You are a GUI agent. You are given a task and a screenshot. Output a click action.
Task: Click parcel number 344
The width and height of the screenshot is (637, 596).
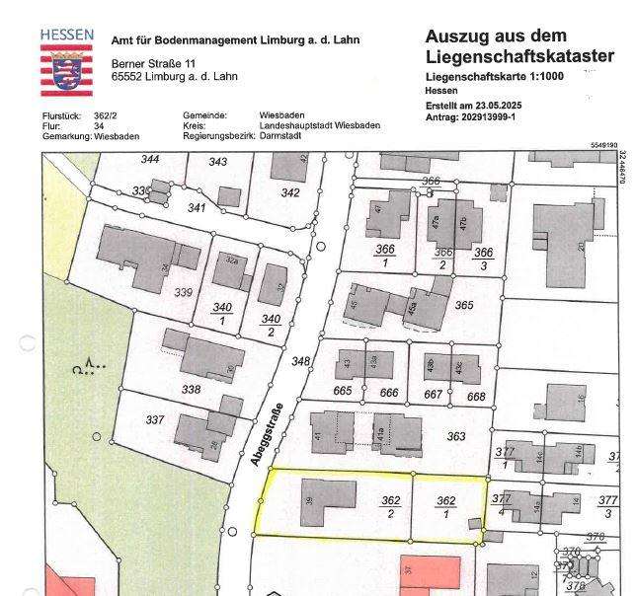click(x=150, y=160)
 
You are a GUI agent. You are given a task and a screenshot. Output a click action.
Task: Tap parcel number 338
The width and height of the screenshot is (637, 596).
click(x=191, y=389)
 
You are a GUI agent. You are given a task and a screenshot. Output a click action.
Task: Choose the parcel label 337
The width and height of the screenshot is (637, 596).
click(x=155, y=419)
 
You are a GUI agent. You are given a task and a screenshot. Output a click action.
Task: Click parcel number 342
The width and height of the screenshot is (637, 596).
click(x=289, y=192)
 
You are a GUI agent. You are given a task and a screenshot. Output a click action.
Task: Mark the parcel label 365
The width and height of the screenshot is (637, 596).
click(x=464, y=305)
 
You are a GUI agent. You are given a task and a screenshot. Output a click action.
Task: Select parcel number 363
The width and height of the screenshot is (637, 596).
click(x=455, y=435)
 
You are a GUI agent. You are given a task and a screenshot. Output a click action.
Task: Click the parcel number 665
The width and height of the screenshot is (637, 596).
click(x=344, y=393)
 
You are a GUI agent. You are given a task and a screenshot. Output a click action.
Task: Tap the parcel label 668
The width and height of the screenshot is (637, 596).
click(x=476, y=397)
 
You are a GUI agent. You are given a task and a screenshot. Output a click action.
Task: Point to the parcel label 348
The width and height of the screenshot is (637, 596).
click(x=300, y=362)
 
